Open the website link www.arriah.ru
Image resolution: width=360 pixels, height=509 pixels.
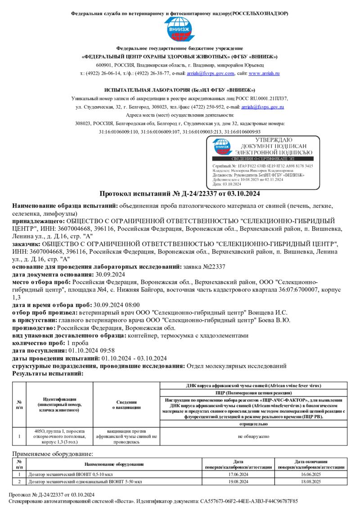click(x=264, y=73)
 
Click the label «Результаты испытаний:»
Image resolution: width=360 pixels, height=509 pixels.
click(x=47, y=373)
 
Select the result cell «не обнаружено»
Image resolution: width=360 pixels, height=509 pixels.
click(x=254, y=436)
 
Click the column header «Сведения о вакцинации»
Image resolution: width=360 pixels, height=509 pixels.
click(x=126, y=405)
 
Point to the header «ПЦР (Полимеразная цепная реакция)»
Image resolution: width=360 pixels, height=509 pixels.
click(x=254, y=393)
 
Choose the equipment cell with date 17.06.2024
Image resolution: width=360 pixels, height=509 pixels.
click(x=238, y=474)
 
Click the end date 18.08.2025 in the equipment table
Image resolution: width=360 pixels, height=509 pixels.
click(x=311, y=482)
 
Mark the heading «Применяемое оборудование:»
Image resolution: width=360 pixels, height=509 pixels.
click(x=53, y=454)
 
